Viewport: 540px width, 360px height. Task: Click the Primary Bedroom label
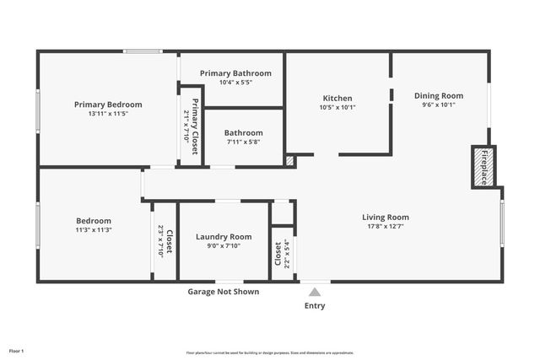click(x=108, y=105)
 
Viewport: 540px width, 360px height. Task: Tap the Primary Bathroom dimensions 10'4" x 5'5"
click(x=235, y=83)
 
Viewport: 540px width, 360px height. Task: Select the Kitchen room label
click(x=337, y=98)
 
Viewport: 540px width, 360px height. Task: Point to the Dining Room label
click(x=438, y=95)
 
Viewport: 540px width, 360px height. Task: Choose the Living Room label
click(x=386, y=217)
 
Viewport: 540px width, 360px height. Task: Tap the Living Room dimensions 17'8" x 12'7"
click(x=386, y=226)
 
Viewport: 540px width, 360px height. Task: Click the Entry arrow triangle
click(x=315, y=292)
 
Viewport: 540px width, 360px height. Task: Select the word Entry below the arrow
click(x=315, y=305)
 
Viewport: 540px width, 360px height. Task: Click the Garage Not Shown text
click(x=223, y=292)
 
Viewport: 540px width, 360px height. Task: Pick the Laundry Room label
click(x=224, y=237)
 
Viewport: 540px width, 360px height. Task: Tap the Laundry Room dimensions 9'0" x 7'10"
click(x=224, y=246)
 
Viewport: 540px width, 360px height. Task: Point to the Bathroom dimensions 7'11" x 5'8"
click(x=244, y=142)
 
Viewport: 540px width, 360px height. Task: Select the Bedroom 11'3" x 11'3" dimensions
click(x=94, y=229)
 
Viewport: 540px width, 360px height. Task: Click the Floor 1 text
click(x=17, y=350)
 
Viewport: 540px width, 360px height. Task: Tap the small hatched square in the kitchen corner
click(x=290, y=159)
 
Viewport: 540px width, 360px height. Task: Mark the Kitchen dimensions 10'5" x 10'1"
click(x=337, y=107)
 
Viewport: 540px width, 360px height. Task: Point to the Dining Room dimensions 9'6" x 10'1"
click(x=438, y=105)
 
